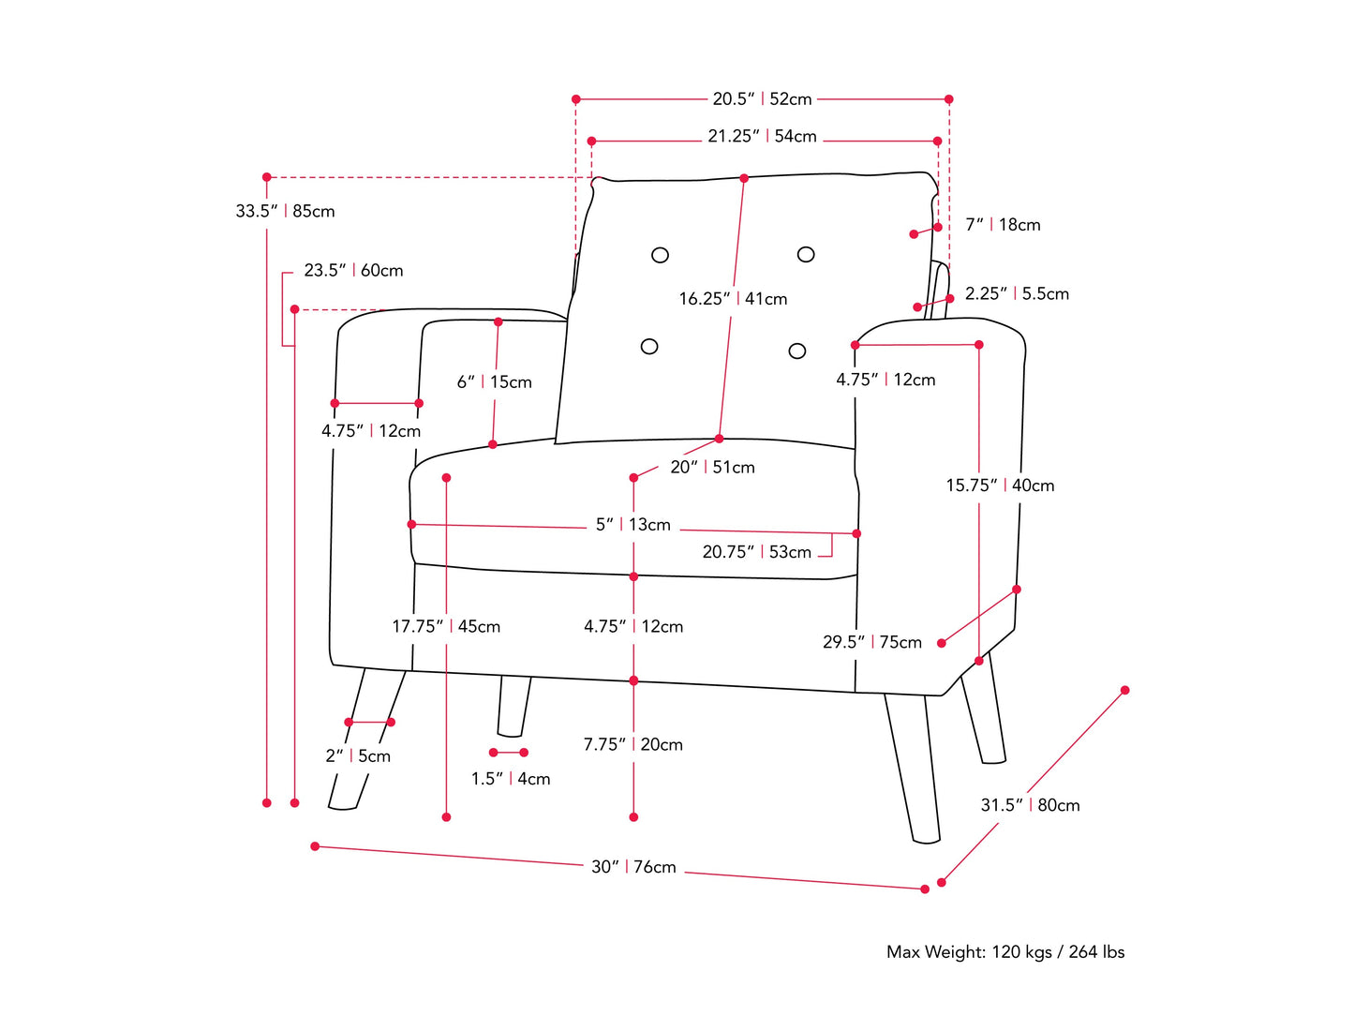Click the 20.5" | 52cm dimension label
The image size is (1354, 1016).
point(762,99)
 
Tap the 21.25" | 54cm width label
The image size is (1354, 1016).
point(762,137)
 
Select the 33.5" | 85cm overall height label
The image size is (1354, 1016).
point(285,212)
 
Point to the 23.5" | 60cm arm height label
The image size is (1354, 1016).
point(353,271)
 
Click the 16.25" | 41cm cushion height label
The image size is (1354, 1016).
point(733,299)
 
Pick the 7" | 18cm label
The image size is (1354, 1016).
point(1003,225)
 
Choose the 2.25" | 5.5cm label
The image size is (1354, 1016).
point(1017,294)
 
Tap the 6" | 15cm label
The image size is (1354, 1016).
point(494,382)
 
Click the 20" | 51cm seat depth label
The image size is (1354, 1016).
point(712,468)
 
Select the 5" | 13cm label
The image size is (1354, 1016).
point(633,525)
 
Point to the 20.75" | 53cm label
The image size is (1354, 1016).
point(757,553)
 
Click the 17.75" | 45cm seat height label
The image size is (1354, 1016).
point(446,627)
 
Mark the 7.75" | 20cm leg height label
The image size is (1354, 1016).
point(633,745)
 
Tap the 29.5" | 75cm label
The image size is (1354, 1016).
point(872,643)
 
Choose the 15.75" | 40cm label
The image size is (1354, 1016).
point(1000,486)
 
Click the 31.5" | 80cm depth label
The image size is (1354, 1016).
point(1030,806)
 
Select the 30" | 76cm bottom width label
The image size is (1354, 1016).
point(633,868)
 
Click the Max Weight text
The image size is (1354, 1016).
point(1005,952)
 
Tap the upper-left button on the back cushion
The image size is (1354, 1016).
point(660,255)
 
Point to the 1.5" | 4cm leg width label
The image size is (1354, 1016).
point(511,779)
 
